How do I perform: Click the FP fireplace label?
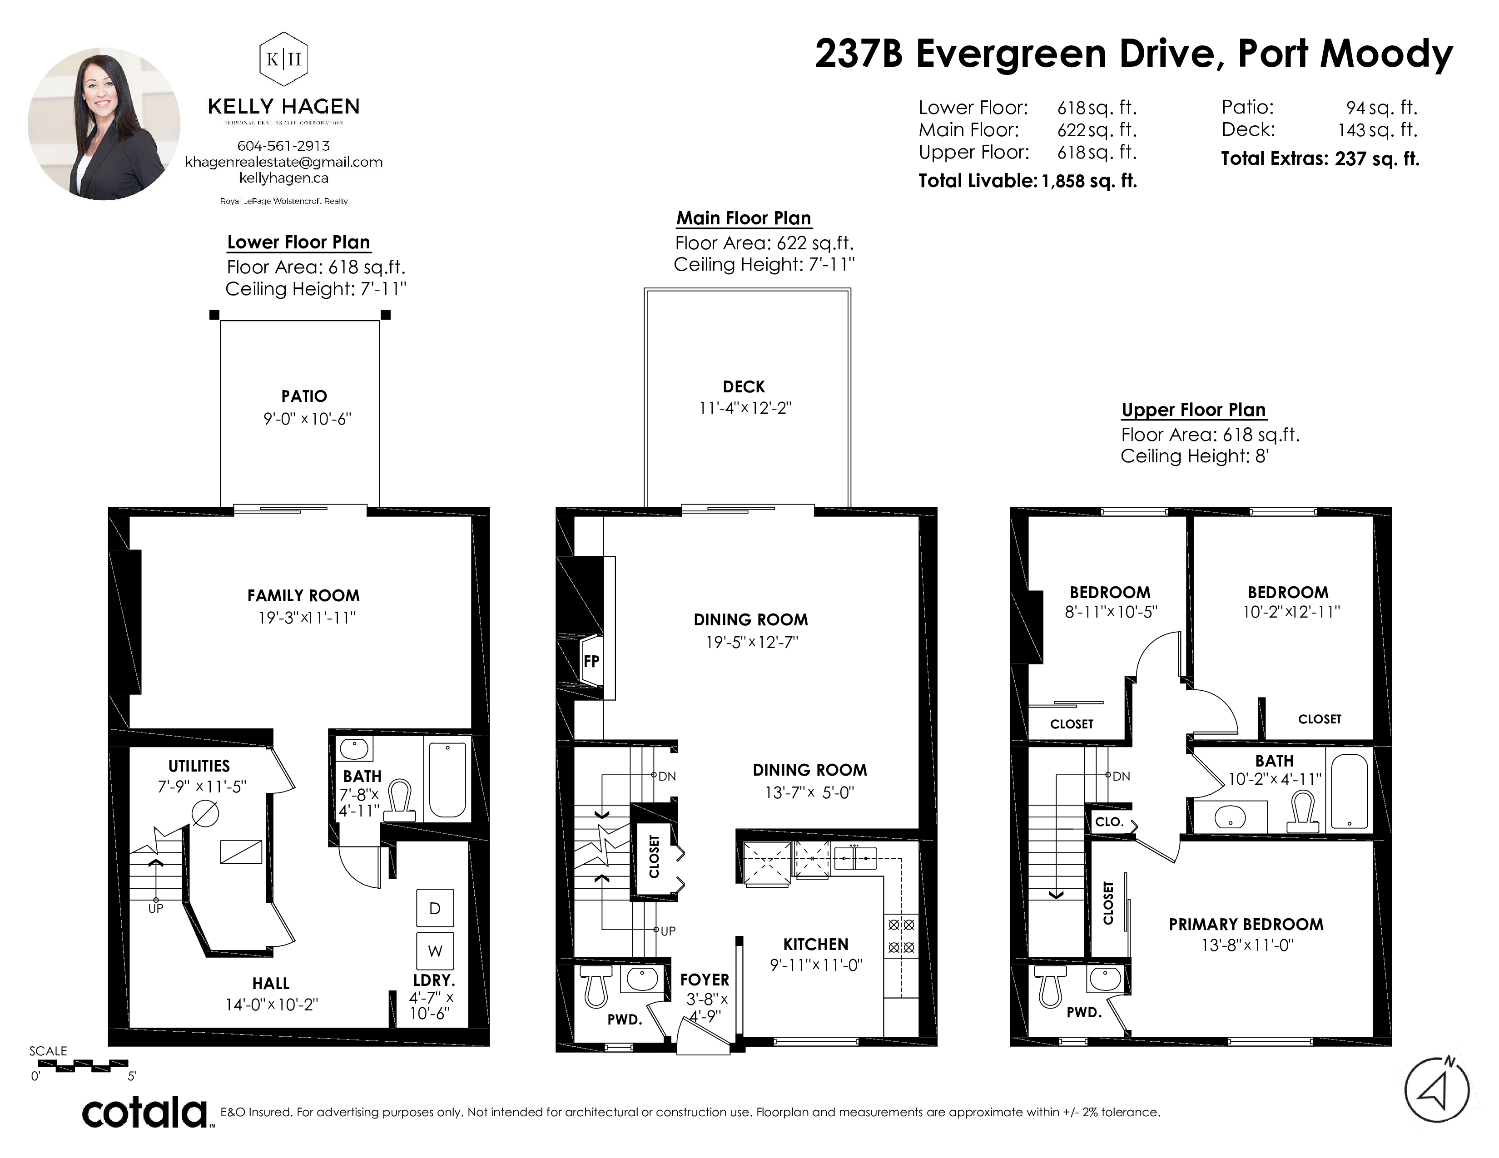click(591, 661)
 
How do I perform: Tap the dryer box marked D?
click(434, 908)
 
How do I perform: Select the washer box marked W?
click(434, 951)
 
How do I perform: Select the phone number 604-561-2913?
click(283, 146)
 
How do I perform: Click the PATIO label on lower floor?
click(304, 396)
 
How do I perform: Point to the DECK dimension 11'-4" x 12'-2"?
click(745, 407)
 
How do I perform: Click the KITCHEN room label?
click(816, 944)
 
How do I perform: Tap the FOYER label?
click(705, 980)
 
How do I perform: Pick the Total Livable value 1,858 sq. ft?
click(1089, 181)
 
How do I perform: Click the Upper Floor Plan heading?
click(1194, 410)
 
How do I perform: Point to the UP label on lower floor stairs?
click(156, 908)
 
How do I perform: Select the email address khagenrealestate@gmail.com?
click(283, 162)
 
